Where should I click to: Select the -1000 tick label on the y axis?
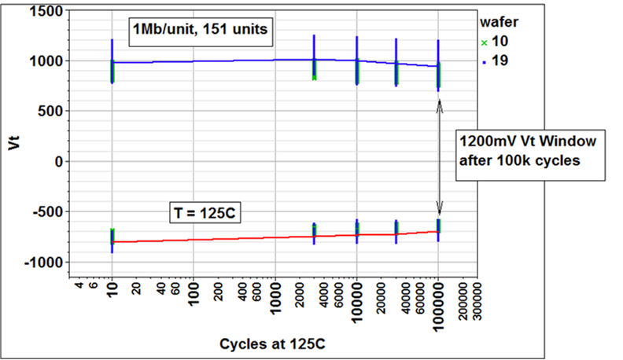[x=38, y=263]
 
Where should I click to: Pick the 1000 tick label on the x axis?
[x=275, y=302]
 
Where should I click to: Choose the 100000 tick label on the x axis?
[x=438, y=305]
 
